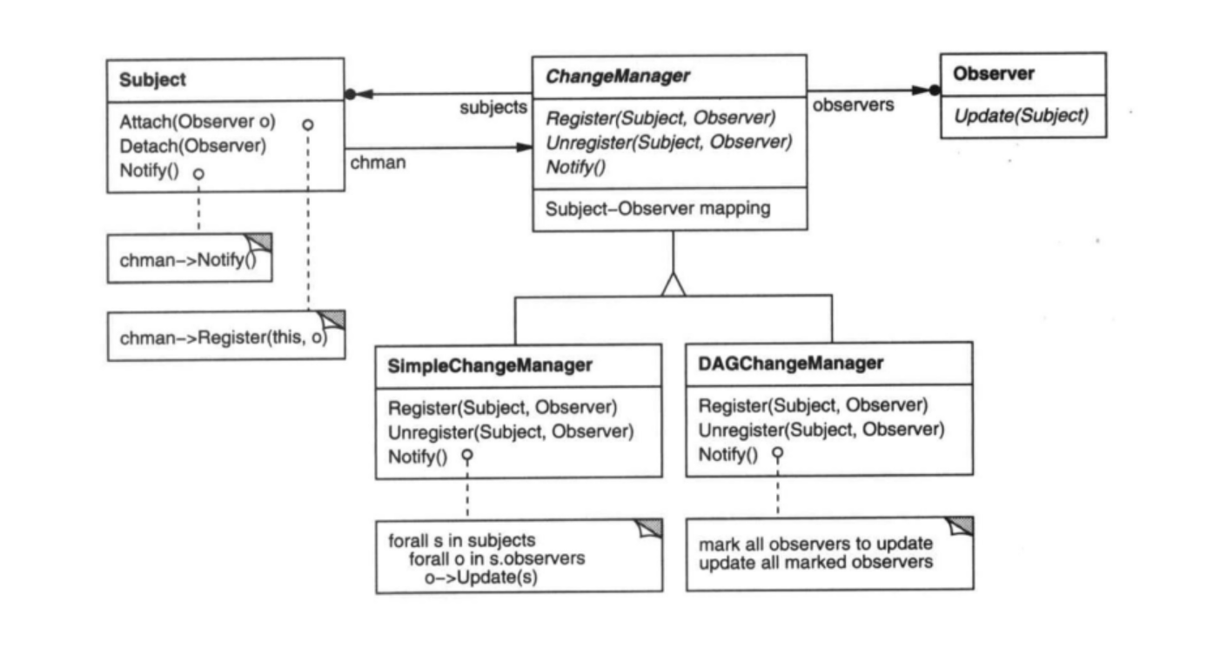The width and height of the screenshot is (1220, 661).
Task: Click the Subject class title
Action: (x=152, y=79)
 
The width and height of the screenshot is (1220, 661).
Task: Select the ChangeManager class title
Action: (x=617, y=76)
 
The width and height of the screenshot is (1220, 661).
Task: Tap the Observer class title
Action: (x=994, y=74)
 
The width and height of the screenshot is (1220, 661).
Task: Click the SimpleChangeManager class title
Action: (x=489, y=365)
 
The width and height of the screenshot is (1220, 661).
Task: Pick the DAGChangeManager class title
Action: (x=790, y=363)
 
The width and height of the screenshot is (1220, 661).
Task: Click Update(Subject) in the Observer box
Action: (x=1021, y=116)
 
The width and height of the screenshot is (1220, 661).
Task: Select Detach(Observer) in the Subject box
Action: (x=192, y=146)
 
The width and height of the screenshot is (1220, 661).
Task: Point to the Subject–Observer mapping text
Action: (x=657, y=209)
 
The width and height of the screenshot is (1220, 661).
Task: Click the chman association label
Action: (x=378, y=163)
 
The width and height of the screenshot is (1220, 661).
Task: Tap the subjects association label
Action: (x=493, y=108)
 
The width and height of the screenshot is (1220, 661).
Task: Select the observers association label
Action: (x=853, y=104)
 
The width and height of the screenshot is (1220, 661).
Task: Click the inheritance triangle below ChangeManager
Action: (x=673, y=284)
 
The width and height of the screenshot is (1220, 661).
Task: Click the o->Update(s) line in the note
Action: (x=481, y=576)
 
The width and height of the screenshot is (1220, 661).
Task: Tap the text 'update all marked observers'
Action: (x=815, y=562)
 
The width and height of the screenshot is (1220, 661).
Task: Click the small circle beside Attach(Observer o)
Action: (x=307, y=124)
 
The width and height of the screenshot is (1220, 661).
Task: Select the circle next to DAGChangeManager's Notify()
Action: (x=778, y=453)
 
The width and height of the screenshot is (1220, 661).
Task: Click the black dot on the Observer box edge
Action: (x=935, y=90)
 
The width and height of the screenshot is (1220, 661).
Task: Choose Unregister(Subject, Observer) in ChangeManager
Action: (x=668, y=143)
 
